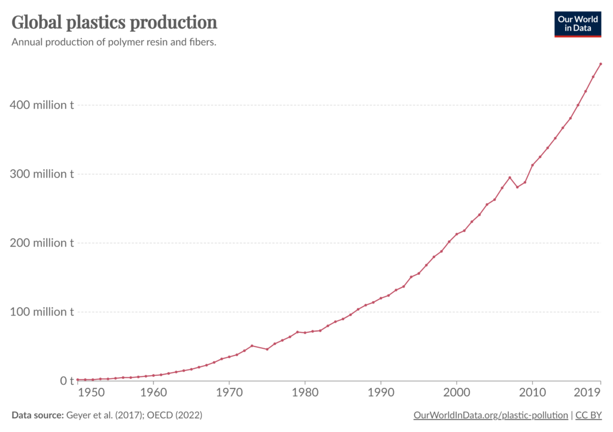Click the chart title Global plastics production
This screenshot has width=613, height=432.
point(114,23)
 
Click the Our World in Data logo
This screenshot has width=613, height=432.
point(577,23)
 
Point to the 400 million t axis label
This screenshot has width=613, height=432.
point(41,105)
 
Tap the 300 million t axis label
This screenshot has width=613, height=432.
point(41,174)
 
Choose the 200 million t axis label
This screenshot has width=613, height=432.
point(41,243)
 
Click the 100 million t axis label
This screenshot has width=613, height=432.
point(41,312)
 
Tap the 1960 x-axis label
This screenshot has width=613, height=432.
point(153,393)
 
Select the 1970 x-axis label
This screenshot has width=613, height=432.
point(229,393)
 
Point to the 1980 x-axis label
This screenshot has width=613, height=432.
point(305,393)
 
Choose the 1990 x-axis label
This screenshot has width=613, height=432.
point(381,393)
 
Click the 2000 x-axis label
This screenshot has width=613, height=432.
point(456,393)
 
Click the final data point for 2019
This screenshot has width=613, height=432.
point(600,64)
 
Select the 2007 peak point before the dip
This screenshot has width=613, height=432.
point(509,177)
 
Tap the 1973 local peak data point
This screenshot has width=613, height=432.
point(252,346)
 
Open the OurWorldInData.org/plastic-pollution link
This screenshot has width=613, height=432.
point(490,415)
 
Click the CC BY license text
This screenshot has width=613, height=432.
point(588,415)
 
